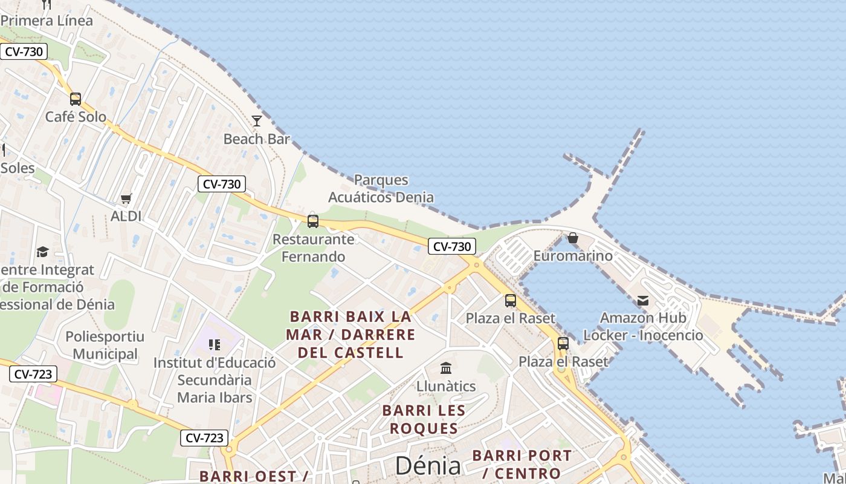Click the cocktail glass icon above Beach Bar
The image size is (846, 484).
pos(257,121)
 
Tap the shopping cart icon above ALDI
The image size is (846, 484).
pos(126,198)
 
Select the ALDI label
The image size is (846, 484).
pos(126,216)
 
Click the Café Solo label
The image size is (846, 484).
pos(76,117)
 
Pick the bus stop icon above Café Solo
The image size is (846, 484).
pos(76,99)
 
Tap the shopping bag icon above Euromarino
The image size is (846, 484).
pos(573,238)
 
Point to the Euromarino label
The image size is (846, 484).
pos(573,256)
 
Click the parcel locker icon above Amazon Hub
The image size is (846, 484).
pos(643,300)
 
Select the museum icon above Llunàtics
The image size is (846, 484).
pos(446,368)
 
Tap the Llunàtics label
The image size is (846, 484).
pos(446,386)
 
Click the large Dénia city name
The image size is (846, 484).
pos(428,466)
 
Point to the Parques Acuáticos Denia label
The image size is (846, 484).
pos(381,189)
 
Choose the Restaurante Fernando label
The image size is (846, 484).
pos(314,248)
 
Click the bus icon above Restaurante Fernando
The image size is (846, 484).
pos(313,221)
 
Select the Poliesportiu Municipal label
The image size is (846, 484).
pos(102,345)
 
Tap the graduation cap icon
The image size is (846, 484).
pos(42,252)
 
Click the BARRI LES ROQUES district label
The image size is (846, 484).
pos(424,419)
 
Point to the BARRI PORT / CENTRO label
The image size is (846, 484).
pos(521,464)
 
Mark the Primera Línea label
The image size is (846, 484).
pos(47,21)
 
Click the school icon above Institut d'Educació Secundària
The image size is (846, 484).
pos(214,345)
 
